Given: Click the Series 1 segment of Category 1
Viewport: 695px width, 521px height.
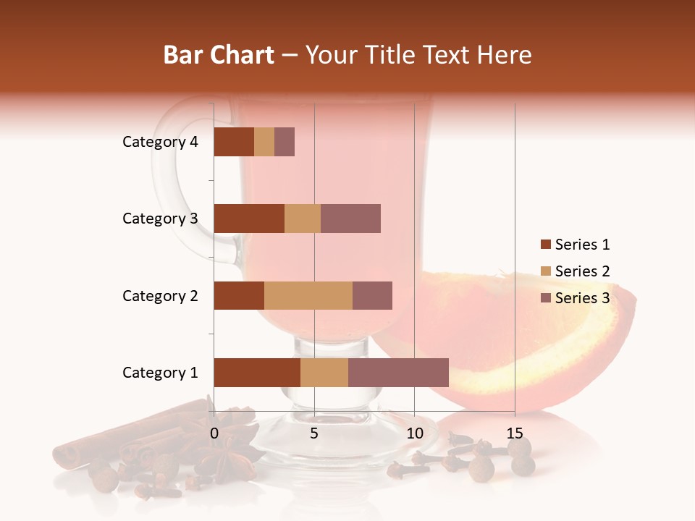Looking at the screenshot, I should coord(257,373).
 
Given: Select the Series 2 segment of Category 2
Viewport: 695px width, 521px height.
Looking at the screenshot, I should coord(308,295).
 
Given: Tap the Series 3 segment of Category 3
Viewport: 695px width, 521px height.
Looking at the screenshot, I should coord(350,219).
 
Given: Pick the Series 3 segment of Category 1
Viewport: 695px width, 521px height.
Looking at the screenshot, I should coord(398,373).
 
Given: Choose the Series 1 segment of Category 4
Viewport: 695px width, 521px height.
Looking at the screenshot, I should coord(234,142).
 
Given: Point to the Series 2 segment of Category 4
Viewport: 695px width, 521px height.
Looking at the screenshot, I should coord(264,142).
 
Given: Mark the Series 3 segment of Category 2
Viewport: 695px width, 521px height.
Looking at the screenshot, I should coord(372,295).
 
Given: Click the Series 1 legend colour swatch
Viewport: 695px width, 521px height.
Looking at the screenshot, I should coord(545,245).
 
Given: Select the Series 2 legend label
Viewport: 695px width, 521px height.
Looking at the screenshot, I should coord(583,271).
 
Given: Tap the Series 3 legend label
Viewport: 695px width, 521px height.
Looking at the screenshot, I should coord(583,298).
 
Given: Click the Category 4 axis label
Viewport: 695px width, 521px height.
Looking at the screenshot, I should coord(160,142).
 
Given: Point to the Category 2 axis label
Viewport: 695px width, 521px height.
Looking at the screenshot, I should coord(160,296).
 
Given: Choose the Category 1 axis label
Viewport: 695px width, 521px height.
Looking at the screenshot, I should coord(160,373).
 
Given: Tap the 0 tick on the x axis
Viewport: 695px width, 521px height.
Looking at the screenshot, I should coord(214,433).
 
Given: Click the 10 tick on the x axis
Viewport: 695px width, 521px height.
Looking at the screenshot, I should coord(414,433).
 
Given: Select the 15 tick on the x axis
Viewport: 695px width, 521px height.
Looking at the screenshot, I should coord(514,433).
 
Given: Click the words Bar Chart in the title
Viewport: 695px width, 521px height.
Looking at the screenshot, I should coord(219,55).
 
